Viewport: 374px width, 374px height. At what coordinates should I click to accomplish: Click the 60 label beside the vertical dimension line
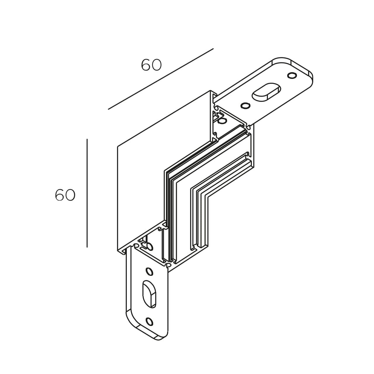65,195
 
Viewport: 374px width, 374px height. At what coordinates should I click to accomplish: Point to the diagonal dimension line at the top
161,79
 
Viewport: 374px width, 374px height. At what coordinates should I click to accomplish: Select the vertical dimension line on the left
87,193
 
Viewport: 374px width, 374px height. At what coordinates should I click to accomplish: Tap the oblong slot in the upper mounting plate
266,92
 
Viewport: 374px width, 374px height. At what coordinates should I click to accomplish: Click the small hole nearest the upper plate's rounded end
292,75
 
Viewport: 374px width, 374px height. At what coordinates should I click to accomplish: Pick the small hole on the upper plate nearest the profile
245,105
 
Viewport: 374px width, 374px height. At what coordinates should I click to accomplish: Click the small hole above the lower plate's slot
149,272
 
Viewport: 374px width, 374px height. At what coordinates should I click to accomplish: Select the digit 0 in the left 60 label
70,195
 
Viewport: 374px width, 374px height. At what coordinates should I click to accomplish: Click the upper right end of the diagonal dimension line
214,49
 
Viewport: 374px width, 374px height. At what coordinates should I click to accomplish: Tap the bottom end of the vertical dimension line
87,247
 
